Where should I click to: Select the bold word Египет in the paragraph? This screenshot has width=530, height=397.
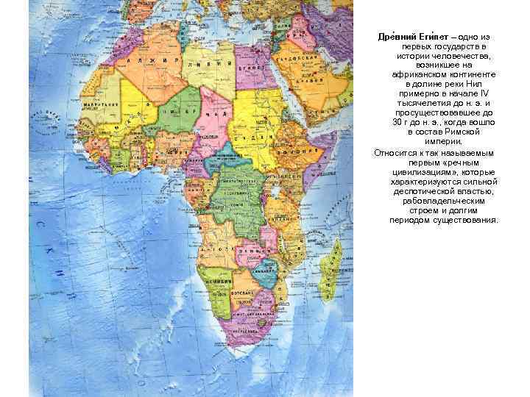point(439,36)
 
